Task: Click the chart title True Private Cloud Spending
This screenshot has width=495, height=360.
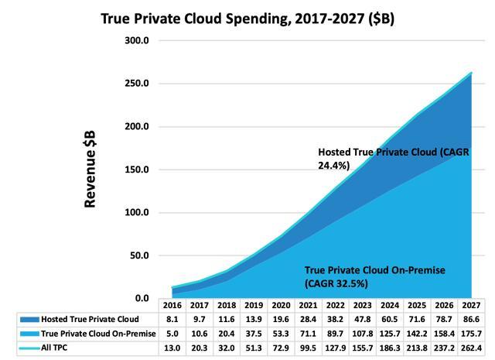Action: (247, 17)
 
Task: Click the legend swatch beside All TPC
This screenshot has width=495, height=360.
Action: (26, 348)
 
